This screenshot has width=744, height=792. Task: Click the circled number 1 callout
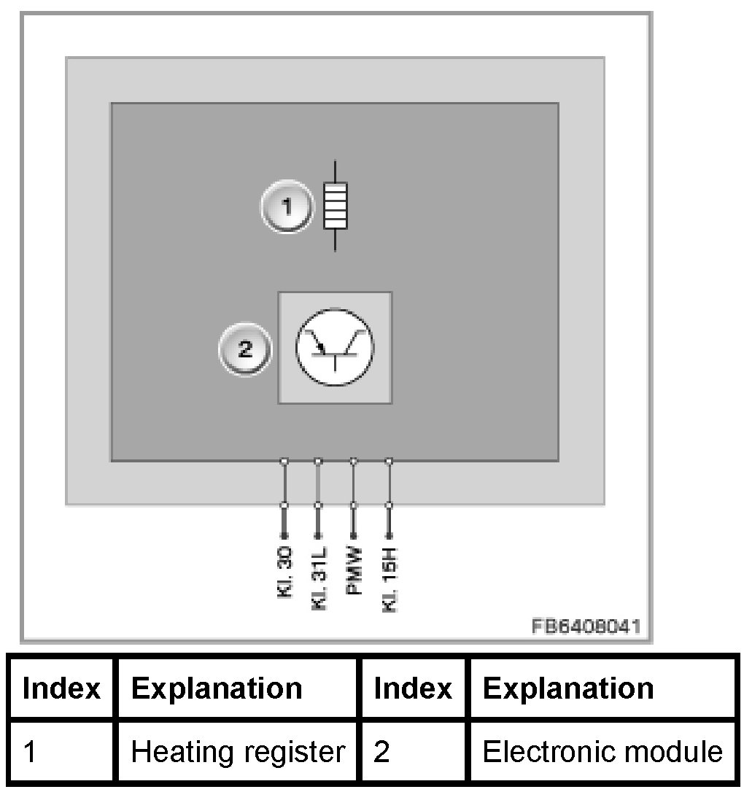(287, 208)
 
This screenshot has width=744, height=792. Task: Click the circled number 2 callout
(244, 349)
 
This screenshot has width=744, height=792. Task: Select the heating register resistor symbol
(336, 206)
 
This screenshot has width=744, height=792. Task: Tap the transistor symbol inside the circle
(335, 347)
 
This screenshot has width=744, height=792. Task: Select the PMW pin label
(354, 571)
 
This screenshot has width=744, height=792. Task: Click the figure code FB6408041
(586, 626)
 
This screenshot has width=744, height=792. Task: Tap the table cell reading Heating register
(238, 752)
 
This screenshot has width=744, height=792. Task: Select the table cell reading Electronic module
(602, 752)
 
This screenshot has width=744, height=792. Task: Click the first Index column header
(62, 688)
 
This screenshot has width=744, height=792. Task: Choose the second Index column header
(413, 688)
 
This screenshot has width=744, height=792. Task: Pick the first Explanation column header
(217, 688)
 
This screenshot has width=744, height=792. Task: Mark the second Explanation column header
(568, 688)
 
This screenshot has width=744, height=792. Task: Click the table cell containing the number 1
(62, 752)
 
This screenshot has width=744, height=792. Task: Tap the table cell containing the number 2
(413, 752)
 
